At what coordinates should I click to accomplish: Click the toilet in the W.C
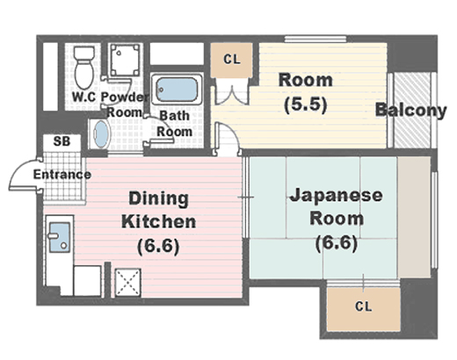[84, 68]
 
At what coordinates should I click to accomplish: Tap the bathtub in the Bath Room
[177, 89]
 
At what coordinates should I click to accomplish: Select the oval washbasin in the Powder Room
[101, 134]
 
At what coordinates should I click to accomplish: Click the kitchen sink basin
[60, 237]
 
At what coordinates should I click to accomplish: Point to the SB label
[62, 141]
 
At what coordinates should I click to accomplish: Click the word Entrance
[62, 175]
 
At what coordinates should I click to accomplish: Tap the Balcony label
[410, 111]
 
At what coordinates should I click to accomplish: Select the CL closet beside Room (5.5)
[232, 60]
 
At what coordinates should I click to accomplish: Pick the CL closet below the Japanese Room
[364, 309]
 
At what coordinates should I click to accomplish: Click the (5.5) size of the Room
[306, 104]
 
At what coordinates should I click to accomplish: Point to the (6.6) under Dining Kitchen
[158, 247]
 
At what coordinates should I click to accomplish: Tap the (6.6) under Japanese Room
[337, 243]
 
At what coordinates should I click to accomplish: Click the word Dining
[158, 199]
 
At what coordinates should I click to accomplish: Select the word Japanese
[336, 195]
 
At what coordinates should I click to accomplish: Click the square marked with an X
[128, 283]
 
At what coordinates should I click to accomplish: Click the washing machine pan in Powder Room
[125, 60]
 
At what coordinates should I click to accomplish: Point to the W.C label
[83, 97]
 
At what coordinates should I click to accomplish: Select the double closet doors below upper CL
[232, 91]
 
